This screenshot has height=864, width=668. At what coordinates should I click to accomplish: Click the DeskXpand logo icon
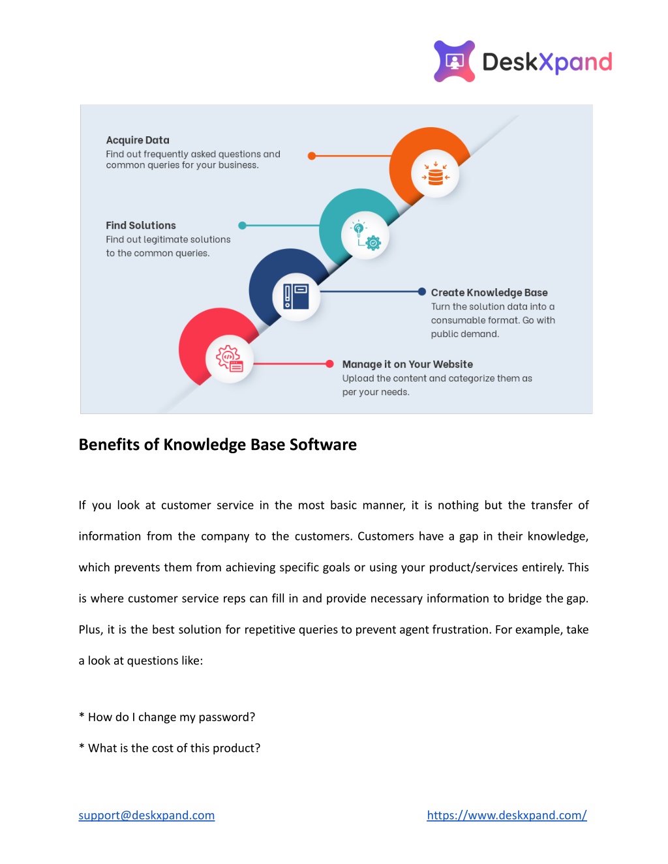[454, 61]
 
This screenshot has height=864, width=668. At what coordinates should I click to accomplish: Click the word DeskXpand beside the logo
[547, 63]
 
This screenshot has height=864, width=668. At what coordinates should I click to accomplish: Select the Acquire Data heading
[138, 140]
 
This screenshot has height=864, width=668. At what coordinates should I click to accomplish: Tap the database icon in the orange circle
[435, 173]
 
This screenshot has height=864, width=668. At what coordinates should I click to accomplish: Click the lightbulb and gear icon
[365, 235]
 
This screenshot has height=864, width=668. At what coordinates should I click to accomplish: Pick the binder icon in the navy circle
[296, 296]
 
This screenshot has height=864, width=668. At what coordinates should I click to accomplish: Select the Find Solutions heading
[141, 225]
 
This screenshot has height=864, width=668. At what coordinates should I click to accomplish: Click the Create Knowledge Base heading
[489, 292]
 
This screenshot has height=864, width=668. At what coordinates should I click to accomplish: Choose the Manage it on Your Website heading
[408, 365]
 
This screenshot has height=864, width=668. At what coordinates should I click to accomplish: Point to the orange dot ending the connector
[312, 156]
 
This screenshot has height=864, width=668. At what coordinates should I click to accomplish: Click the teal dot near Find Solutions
[242, 226]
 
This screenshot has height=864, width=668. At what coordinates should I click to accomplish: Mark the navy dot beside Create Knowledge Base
[422, 291]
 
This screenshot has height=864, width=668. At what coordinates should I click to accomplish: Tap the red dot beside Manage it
[329, 363]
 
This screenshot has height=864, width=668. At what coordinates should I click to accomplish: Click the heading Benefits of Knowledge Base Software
[217, 445]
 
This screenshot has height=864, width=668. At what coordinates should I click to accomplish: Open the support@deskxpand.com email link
[146, 814]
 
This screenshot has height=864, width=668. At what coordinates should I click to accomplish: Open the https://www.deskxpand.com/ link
[507, 814]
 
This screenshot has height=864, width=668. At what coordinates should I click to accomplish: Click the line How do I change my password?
[167, 717]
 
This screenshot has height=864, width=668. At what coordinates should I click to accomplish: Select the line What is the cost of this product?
[170, 747]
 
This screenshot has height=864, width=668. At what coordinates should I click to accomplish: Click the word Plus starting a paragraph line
[91, 629]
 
